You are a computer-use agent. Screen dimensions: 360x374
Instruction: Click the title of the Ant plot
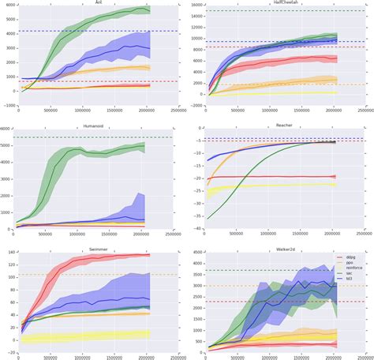(97, 2)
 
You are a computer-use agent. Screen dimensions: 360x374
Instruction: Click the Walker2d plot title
(282, 247)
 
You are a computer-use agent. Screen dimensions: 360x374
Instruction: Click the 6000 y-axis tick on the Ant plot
(9, 6)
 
